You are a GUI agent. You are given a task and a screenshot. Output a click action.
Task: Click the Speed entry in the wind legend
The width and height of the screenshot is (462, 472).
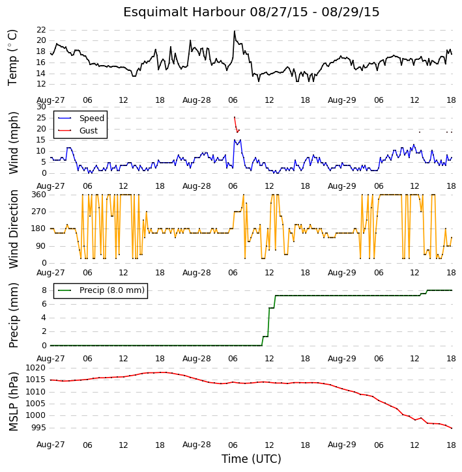[92, 118]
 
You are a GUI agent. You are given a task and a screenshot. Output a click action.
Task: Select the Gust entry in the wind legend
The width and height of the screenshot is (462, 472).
[89, 131]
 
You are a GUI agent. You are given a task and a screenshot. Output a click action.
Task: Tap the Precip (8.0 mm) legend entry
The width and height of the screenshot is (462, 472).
[112, 290]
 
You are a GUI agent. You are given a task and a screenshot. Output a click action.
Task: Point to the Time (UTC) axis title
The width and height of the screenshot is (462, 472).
[251, 459]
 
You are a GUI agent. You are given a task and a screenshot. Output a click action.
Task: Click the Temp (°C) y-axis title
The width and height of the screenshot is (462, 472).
[12, 57]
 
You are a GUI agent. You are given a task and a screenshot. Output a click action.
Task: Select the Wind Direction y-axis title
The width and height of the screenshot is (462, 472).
[13, 229]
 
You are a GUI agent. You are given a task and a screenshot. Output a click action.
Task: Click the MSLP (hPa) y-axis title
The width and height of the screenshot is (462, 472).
[13, 401]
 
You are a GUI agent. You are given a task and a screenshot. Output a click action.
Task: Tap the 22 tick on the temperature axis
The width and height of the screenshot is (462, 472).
[41, 30]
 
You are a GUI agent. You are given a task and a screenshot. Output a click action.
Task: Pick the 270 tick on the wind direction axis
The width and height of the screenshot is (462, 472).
[39, 212]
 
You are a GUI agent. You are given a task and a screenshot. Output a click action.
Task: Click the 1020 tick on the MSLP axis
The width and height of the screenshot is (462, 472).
[36, 368]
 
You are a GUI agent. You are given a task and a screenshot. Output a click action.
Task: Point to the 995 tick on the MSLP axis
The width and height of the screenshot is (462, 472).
[39, 428]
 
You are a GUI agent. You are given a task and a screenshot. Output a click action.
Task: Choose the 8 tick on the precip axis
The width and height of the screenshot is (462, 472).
[44, 290]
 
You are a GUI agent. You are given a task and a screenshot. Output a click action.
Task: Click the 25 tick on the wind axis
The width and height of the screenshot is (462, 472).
[41, 118]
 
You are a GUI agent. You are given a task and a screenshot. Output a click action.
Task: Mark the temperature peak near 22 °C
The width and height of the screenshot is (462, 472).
[235, 31]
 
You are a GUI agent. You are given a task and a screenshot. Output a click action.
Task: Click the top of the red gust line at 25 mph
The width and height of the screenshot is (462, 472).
[235, 117]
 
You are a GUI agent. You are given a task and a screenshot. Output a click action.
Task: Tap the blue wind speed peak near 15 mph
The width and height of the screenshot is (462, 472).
[234, 140]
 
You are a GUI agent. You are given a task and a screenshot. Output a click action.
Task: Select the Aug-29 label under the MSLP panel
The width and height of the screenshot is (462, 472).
[341, 445]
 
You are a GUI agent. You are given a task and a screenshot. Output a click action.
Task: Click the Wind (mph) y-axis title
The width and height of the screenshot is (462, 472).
[13, 143]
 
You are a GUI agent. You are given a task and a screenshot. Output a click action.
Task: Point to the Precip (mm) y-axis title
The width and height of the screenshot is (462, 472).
[13, 316]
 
